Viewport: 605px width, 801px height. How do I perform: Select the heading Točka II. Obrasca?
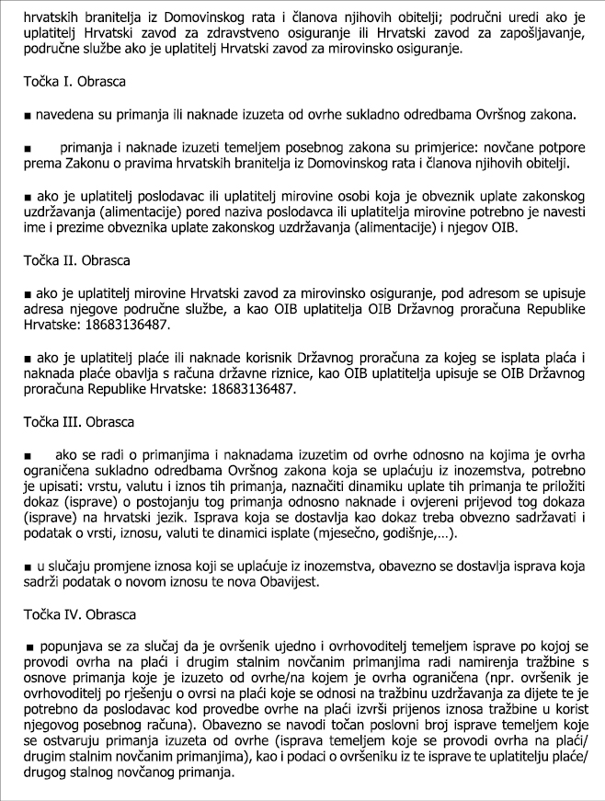click(x=77, y=260)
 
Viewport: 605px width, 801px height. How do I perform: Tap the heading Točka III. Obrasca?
click(x=79, y=422)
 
